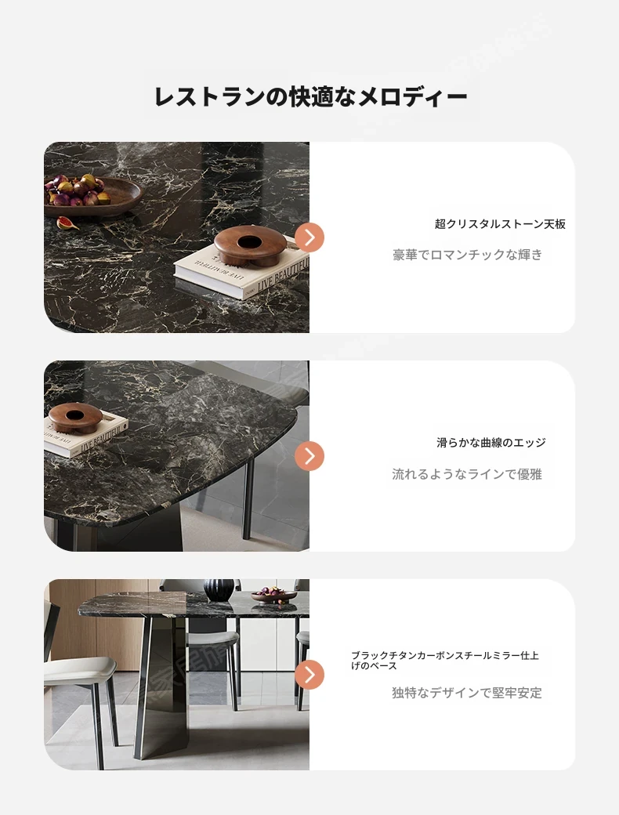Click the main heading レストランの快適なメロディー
[x=311, y=96]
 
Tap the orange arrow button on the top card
[x=309, y=237]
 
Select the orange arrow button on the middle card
[x=309, y=456]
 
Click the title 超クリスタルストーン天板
[x=500, y=224]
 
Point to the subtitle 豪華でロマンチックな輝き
[x=467, y=255]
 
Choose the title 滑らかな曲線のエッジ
[x=491, y=442]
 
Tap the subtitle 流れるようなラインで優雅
[x=467, y=474]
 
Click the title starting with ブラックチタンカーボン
[x=445, y=661]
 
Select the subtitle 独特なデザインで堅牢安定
[x=467, y=693]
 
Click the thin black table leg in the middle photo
[x=248, y=499]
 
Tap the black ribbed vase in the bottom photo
[x=219, y=590]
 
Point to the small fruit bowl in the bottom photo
[x=274, y=595]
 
